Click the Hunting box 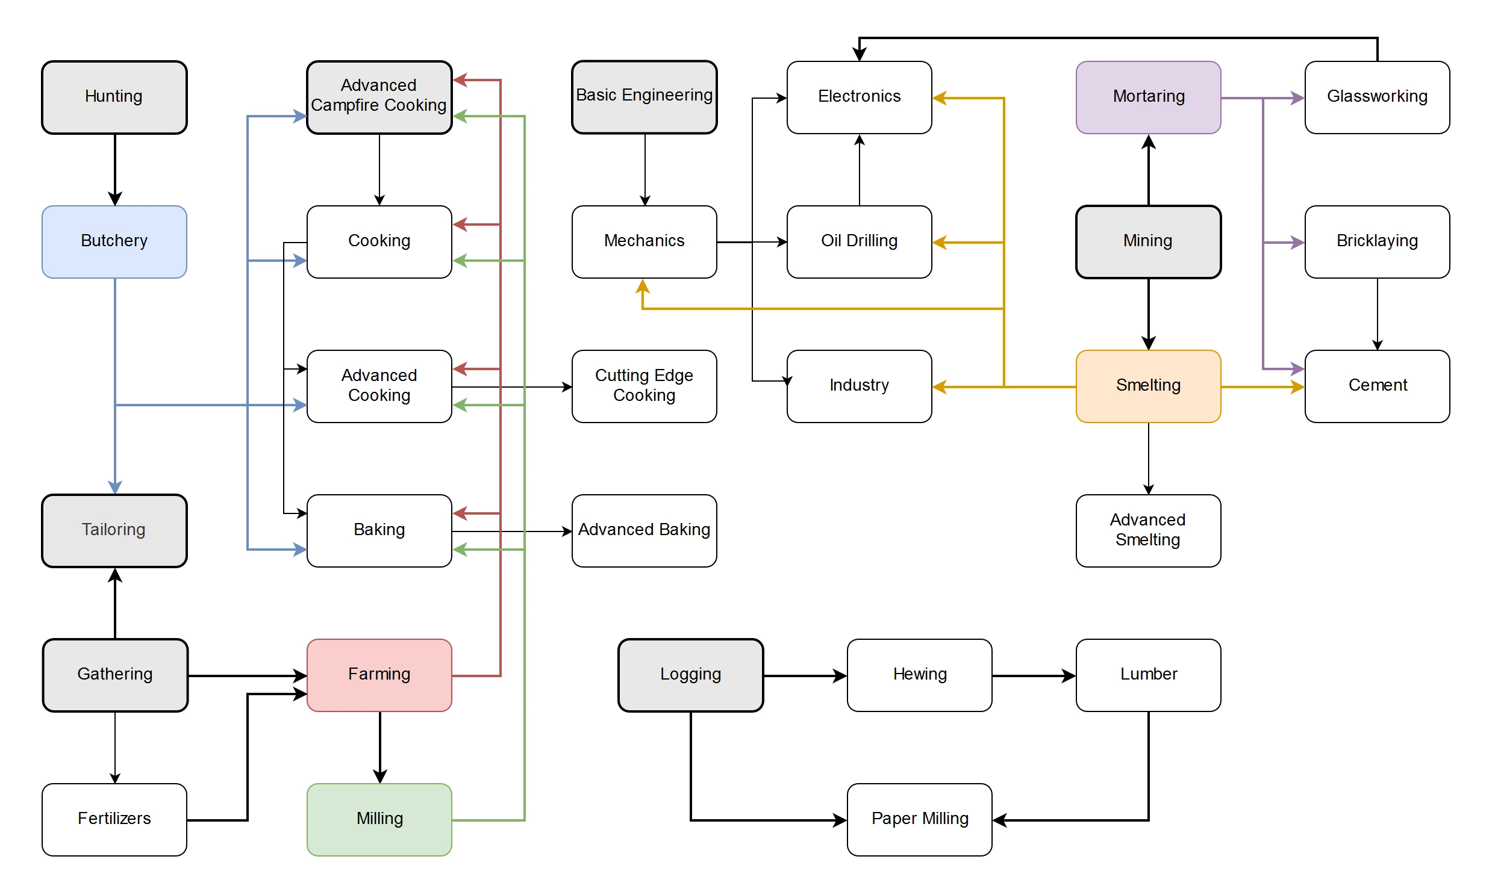114,97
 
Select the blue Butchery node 114,241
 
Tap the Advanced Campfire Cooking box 379,97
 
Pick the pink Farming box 379,675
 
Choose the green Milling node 379,819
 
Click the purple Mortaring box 1148,97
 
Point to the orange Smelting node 1148,386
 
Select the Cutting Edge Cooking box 644,386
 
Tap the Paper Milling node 919,819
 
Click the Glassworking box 1377,97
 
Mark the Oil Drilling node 859,241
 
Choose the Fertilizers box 114,819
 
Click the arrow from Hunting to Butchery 115,169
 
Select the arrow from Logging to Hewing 805,675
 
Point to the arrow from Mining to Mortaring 1149,170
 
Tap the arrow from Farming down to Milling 380,747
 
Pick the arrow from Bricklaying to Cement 1378,314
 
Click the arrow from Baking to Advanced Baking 511,531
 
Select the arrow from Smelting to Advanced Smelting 1149,458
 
